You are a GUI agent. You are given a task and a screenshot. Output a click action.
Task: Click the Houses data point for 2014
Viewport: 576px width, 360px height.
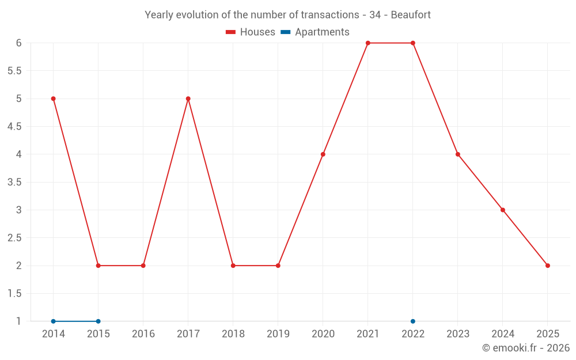click(53, 98)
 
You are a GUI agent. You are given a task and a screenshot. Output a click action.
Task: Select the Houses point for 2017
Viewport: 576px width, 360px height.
click(188, 98)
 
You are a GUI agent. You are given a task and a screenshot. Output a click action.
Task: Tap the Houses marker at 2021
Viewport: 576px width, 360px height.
click(368, 43)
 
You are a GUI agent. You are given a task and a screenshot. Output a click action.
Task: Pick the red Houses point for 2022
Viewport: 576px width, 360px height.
click(413, 43)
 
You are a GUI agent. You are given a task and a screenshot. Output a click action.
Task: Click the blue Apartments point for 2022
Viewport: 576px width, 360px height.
click(413, 321)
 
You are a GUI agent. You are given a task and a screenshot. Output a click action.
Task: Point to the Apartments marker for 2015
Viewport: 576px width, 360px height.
click(98, 321)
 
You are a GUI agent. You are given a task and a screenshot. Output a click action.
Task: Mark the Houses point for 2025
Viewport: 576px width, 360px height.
click(548, 266)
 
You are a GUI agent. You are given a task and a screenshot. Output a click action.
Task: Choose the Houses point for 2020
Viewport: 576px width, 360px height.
click(323, 154)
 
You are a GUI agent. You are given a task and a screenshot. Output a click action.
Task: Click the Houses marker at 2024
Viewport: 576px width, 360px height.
click(503, 210)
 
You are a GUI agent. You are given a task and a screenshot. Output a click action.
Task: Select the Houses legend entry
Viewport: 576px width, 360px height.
click(251, 32)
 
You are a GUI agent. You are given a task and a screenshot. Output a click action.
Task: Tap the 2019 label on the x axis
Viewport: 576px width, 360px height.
click(278, 334)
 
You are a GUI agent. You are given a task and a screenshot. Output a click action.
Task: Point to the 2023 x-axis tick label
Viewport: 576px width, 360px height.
click(458, 334)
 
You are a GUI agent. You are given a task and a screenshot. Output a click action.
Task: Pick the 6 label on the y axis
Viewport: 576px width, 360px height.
click(18, 43)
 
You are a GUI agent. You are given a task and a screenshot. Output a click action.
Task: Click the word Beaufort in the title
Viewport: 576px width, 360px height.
click(411, 15)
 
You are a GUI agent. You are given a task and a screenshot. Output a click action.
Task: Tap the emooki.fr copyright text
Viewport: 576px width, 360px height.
click(526, 348)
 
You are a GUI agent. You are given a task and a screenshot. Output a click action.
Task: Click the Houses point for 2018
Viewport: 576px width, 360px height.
click(233, 266)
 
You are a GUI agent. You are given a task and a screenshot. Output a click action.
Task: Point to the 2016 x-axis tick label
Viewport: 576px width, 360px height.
click(143, 334)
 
